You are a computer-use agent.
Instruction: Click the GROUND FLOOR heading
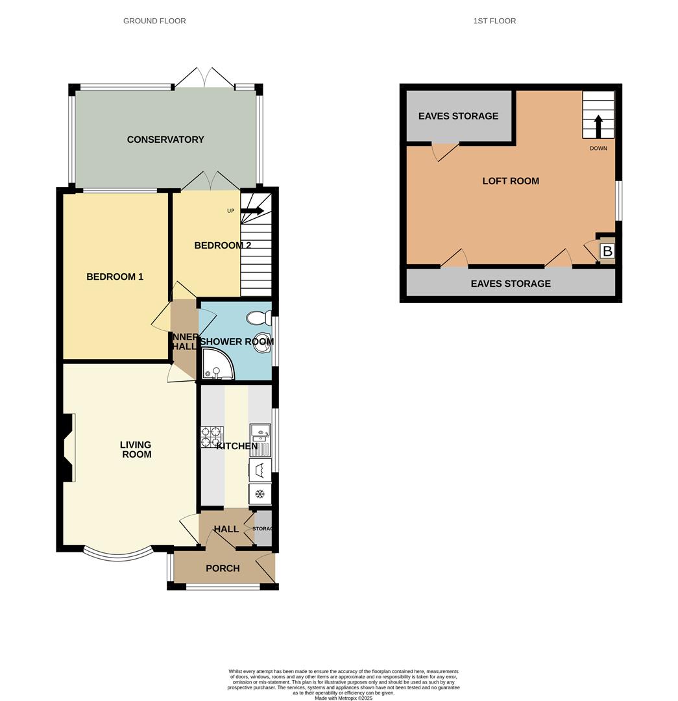154,21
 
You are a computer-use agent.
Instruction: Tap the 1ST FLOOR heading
494,21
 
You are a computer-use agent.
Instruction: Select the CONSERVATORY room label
165,140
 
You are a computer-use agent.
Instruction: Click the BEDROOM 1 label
115,277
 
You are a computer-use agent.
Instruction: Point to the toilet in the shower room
259,318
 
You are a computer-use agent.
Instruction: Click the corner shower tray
217,363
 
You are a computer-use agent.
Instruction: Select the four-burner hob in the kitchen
212,437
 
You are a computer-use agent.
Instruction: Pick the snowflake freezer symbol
260,494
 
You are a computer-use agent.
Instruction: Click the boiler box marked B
607,251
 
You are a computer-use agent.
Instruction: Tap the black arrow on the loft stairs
598,127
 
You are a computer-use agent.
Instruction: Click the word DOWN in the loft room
598,149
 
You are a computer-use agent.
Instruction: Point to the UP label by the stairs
230,211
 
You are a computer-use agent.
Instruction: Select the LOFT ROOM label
511,181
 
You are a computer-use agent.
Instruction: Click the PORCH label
223,568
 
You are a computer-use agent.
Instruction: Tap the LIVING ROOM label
136,449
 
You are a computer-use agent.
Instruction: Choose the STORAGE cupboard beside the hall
262,529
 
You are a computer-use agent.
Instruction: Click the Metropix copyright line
343,698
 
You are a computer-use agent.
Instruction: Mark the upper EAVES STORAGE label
458,116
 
